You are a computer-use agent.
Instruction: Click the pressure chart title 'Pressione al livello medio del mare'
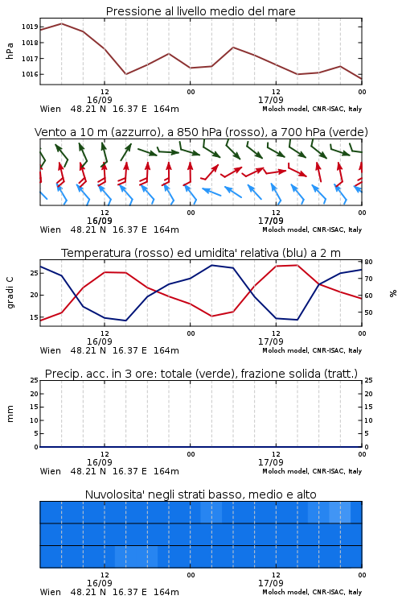[x=200, y=11]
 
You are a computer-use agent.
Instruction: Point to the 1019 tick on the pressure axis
[x=30, y=27]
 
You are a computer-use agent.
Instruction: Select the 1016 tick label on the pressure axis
[x=30, y=74]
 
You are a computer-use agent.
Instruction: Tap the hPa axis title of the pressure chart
[x=10, y=51]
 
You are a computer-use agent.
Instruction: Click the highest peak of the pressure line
[x=62, y=23]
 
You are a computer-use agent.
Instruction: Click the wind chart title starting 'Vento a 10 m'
[x=201, y=132]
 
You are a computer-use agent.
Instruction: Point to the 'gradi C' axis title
[x=10, y=293]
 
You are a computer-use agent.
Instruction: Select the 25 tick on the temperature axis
[x=34, y=273]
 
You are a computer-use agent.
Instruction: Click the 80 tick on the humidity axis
[x=368, y=262]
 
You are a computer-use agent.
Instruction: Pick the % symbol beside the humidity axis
[x=393, y=293]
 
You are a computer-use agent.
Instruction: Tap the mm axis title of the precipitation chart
[x=10, y=414]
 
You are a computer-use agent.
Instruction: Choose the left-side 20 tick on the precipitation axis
[x=34, y=394]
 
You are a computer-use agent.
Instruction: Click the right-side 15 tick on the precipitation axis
[x=368, y=407]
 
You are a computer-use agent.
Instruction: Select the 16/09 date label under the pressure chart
[x=100, y=100]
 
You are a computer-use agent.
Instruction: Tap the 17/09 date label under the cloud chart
[x=271, y=583]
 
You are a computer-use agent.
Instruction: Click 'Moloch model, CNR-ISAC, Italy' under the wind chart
[x=312, y=230]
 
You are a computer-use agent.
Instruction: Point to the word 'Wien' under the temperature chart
[x=51, y=350]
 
